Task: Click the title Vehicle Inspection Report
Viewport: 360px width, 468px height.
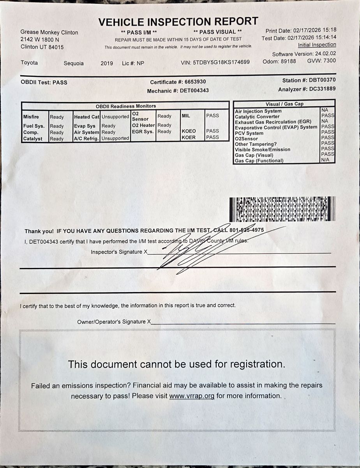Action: [x=178, y=22]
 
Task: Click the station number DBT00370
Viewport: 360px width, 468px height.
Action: [x=322, y=80]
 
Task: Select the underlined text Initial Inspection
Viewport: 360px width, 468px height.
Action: [x=317, y=45]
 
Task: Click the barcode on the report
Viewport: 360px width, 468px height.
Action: [x=282, y=209]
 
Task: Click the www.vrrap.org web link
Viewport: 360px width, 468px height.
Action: [x=192, y=396]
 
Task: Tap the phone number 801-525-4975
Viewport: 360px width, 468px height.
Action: [x=247, y=230]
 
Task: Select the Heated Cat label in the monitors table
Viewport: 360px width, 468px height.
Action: [x=87, y=117]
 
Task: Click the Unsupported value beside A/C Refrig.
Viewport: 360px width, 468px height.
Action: [x=115, y=138]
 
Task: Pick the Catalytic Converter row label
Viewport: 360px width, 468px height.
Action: [x=257, y=117]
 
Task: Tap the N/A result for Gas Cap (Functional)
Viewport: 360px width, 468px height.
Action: [x=325, y=160]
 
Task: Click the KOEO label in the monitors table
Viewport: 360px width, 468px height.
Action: [x=189, y=131]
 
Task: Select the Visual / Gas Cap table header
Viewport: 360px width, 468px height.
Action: [x=284, y=104]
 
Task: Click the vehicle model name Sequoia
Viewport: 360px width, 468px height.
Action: [x=74, y=64]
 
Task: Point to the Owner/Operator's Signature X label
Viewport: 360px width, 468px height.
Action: [x=114, y=322]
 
